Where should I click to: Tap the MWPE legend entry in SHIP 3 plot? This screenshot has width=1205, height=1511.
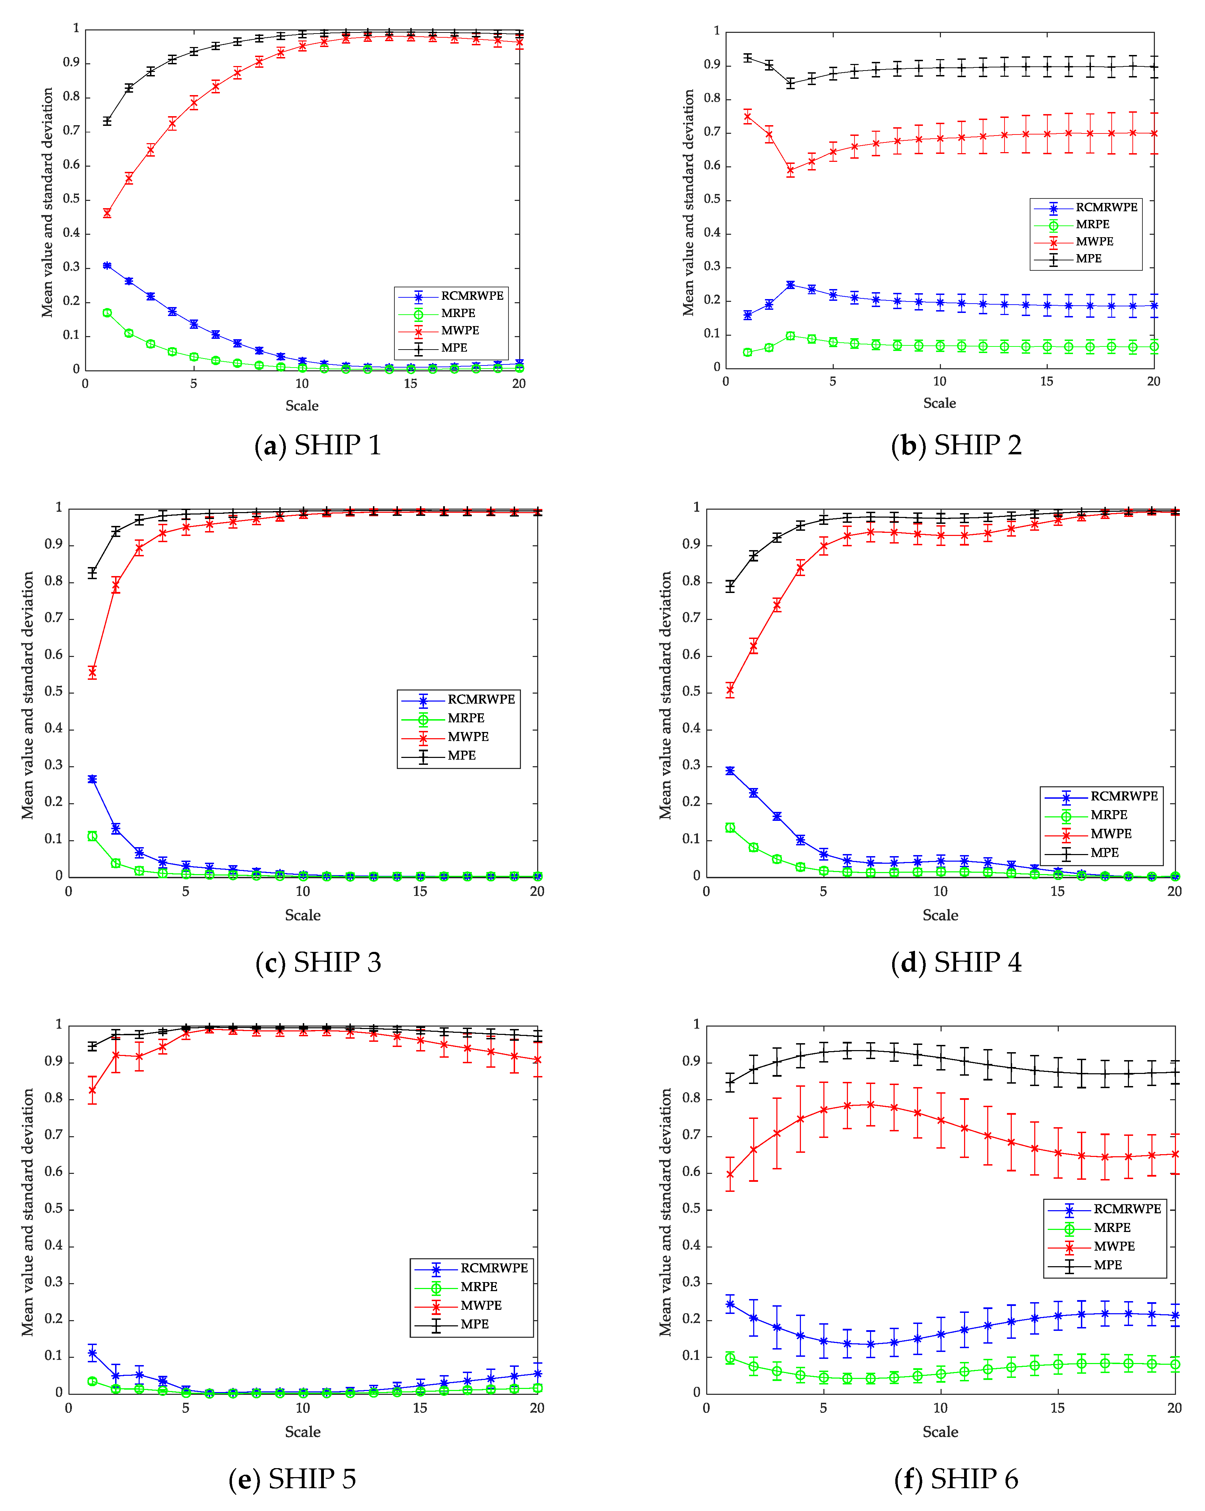tap(468, 736)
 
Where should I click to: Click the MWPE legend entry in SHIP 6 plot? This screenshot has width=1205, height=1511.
tap(1114, 1246)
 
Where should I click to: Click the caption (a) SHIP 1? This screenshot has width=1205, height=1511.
tap(317, 446)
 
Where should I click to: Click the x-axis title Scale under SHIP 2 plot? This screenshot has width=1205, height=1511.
tap(939, 403)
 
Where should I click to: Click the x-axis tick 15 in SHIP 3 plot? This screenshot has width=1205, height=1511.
tap(420, 891)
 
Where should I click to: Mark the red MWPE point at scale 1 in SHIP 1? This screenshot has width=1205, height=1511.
tap(107, 213)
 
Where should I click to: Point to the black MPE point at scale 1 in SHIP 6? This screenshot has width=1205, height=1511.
tap(730, 1083)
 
